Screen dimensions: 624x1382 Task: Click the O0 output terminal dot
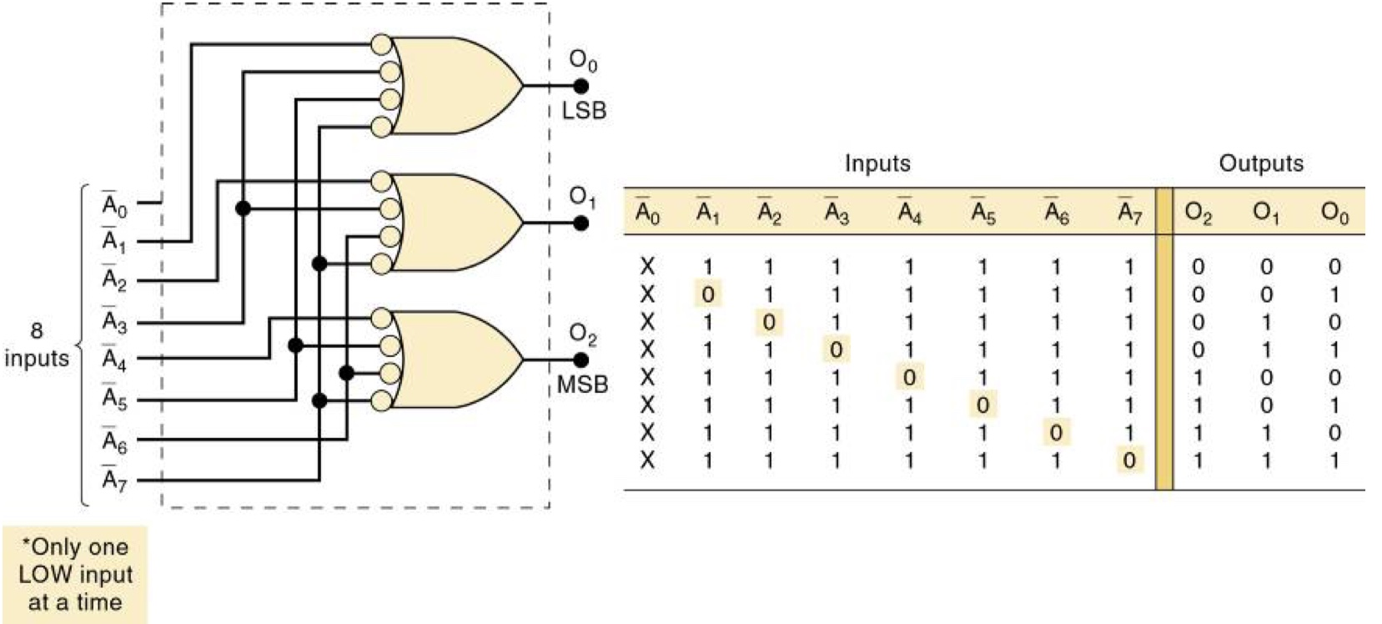581,86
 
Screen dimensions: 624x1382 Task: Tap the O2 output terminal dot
581,360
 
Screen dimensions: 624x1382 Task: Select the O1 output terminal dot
581,223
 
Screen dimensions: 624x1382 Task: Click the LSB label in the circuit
584,110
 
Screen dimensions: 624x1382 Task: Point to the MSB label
582,385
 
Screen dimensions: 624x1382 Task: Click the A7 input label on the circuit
113,481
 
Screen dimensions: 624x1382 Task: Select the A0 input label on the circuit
113,205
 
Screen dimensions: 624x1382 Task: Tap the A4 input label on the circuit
113,360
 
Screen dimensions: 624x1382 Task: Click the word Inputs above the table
877,163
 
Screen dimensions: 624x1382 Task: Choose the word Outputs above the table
1261,163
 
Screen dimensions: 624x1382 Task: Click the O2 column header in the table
1198,214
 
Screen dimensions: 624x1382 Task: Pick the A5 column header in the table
982,214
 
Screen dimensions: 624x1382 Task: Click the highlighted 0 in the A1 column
707,294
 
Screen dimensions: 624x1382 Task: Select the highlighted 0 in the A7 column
1128,460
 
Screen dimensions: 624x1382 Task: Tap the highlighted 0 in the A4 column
909,377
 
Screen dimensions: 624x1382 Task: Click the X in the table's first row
647,267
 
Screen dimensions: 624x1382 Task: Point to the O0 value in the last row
1334,460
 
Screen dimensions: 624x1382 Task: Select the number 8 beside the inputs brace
37,330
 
